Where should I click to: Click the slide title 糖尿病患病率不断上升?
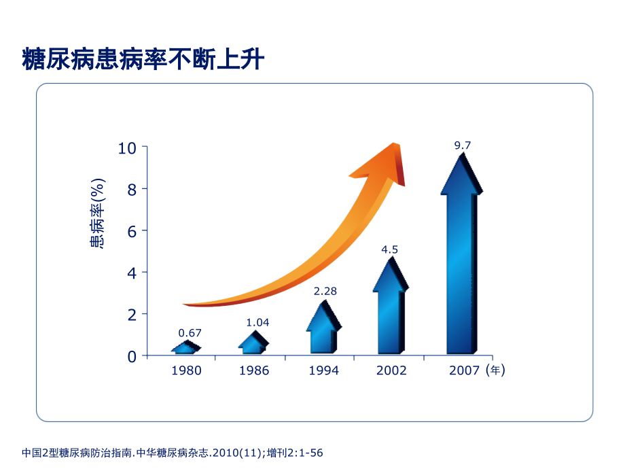tap(143, 59)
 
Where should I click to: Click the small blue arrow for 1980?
tap(185, 348)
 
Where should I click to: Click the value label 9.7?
tap(462, 145)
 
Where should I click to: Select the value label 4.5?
tap(389, 249)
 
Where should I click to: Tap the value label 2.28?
tap(325, 291)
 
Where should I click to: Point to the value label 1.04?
tap(257, 322)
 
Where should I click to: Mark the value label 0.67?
tap(190, 333)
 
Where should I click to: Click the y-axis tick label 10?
tap(128, 147)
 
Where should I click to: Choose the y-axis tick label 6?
tap(132, 231)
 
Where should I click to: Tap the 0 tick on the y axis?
tap(132, 356)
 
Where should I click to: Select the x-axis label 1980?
tap(185, 370)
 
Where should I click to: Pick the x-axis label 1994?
tap(323, 370)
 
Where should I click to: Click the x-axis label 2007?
tap(465, 370)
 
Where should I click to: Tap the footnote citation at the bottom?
tap(177, 452)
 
